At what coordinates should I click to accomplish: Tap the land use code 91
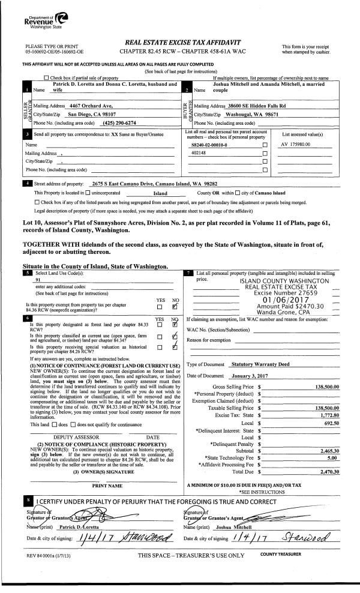tap(38, 280)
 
